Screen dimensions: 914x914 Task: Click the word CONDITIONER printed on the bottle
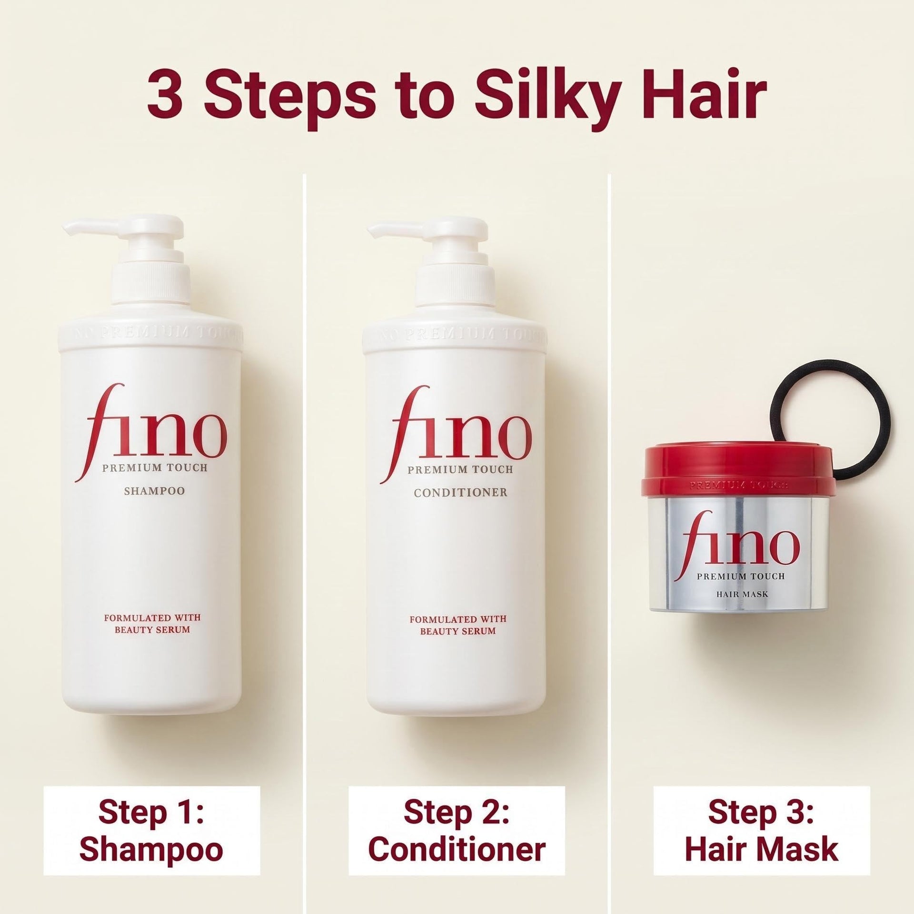click(x=460, y=493)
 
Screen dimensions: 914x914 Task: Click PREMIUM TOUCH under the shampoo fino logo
click(x=155, y=467)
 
